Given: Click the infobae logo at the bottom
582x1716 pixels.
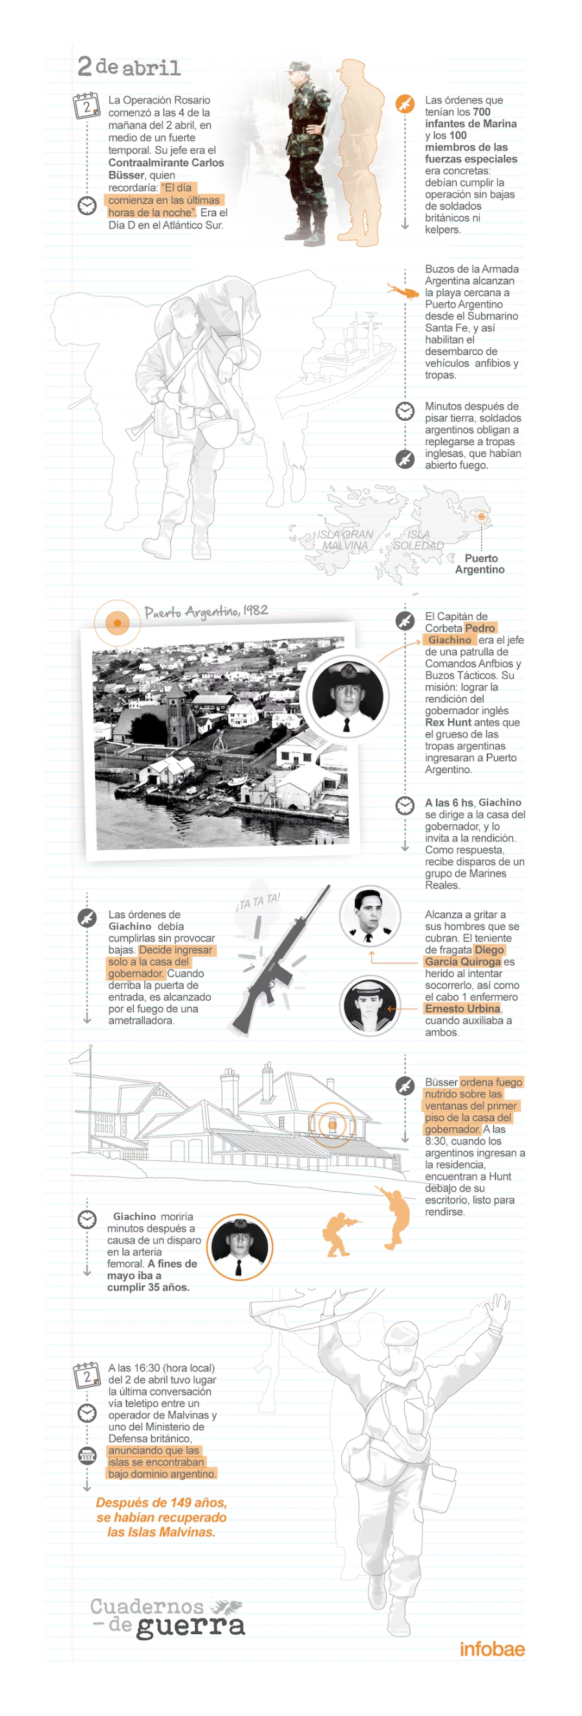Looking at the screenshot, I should tap(491, 1649).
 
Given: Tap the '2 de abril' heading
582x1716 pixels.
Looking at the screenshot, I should tap(129, 67).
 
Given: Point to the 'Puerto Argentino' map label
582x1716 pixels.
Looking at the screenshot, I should tap(479, 564).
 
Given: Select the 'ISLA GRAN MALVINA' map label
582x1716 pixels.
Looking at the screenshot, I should tap(344, 540).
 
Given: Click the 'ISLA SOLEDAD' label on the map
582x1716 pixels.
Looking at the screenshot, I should tap(418, 540).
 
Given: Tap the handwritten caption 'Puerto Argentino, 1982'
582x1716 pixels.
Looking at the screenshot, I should tap(206, 611).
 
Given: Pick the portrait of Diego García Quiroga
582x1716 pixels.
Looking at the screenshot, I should tap(370, 916).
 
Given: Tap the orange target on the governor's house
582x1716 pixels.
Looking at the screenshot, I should tap(332, 1125).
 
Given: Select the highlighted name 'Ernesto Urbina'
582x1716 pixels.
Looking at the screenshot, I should tap(462, 1009).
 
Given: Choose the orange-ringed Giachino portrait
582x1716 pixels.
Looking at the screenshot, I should tap(239, 1246).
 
